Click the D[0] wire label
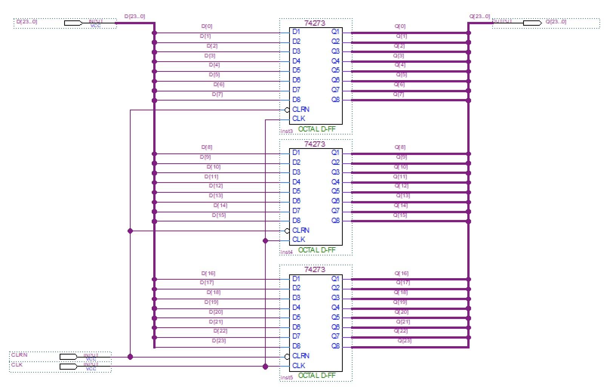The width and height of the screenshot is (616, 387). point(207,26)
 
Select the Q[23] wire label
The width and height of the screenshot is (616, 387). point(404,341)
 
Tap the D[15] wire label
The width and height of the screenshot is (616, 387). point(219,215)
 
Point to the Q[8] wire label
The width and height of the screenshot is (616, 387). point(400,147)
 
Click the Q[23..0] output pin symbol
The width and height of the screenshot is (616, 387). point(532,23)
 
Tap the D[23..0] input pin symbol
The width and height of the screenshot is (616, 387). point(73,23)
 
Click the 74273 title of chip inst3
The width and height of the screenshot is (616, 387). point(314,23)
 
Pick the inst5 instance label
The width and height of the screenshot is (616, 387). point(286,378)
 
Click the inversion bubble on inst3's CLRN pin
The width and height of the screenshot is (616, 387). point(287,110)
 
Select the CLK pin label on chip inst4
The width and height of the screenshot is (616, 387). point(299,240)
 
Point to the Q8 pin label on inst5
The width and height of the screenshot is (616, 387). point(336,346)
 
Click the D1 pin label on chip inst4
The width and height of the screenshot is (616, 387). point(296,153)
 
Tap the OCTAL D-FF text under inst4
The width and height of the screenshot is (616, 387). point(317,250)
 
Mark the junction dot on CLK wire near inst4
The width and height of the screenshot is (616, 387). point(265,240)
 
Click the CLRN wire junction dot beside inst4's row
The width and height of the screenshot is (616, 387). point(130,231)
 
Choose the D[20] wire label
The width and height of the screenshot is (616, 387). point(216,312)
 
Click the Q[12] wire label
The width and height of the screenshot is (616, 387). point(402,186)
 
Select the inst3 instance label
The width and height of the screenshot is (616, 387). point(286,132)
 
